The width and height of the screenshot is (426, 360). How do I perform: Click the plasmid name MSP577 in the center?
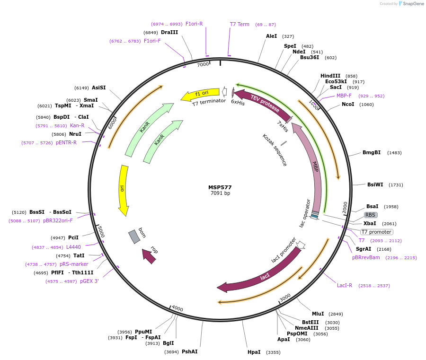pyautogui.click(x=220, y=187)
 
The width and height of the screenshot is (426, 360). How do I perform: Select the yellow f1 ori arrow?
pyautogui.click(x=200, y=94)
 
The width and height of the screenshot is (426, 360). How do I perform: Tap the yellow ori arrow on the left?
pyautogui.click(x=123, y=189)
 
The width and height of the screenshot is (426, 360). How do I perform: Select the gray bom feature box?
pyautogui.click(x=134, y=237)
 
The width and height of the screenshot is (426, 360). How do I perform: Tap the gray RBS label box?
pyautogui.click(x=370, y=215)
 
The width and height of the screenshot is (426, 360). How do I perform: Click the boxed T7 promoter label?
pyautogui.click(x=376, y=232)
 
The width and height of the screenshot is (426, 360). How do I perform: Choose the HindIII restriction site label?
pyautogui.click(x=330, y=76)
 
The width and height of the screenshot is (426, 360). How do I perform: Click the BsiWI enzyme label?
pyautogui.click(x=375, y=184)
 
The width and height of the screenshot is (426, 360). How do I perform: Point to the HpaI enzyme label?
pyautogui.click(x=254, y=352)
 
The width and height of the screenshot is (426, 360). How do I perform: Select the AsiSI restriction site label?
pyautogui.click(x=98, y=88)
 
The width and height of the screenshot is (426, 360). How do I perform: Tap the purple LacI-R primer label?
pyautogui.click(x=345, y=285)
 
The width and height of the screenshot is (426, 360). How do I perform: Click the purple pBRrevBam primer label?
pyautogui.click(x=366, y=257)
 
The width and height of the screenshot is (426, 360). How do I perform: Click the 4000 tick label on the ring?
pyautogui.click(x=177, y=308)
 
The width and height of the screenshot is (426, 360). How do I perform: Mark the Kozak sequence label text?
pyautogui.click(x=275, y=150)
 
